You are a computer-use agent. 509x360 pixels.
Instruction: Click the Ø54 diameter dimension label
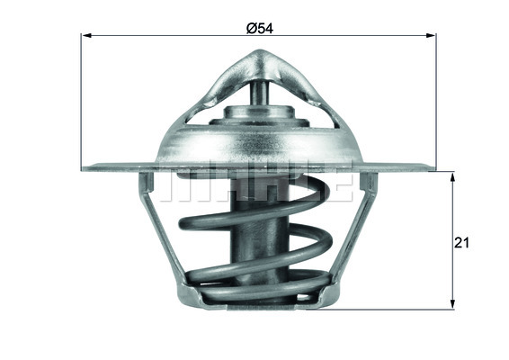[x=259, y=28]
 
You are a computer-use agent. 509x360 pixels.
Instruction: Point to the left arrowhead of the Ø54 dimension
[x=86, y=37]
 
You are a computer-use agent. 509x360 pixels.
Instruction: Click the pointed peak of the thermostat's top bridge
[x=256, y=56]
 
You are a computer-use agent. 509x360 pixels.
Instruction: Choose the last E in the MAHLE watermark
[x=336, y=184]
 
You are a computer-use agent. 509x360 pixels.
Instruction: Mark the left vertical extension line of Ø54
[x=82, y=99]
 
